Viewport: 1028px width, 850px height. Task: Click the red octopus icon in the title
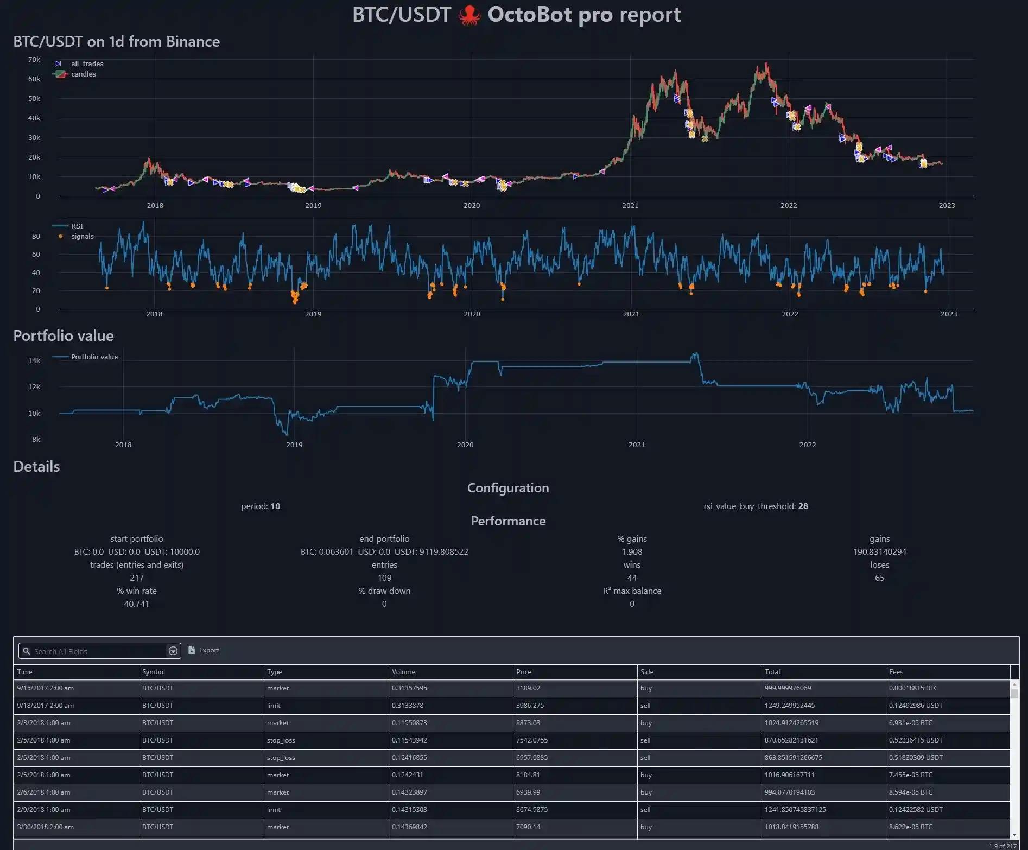(x=469, y=15)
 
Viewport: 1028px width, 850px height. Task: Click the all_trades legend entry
(x=87, y=64)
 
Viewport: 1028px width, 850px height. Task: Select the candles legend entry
(x=83, y=74)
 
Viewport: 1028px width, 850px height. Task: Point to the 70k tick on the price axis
(x=34, y=60)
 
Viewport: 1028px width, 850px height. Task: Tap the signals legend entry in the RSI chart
(x=82, y=236)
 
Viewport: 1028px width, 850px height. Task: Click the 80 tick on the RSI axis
(x=36, y=236)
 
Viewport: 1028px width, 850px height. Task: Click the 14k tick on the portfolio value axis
(x=34, y=360)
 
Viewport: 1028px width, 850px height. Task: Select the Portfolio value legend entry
(x=94, y=357)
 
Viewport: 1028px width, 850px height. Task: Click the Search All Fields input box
(x=98, y=651)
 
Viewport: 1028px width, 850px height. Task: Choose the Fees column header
(x=896, y=671)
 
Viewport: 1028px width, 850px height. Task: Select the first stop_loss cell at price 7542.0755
(x=281, y=740)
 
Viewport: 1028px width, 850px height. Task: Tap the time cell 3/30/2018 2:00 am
(x=46, y=827)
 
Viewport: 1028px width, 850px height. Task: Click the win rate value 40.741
(x=136, y=604)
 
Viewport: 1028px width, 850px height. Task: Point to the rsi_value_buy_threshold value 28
(x=803, y=506)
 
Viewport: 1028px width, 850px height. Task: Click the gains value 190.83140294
(x=879, y=551)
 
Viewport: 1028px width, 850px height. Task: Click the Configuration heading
(x=508, y=487)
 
